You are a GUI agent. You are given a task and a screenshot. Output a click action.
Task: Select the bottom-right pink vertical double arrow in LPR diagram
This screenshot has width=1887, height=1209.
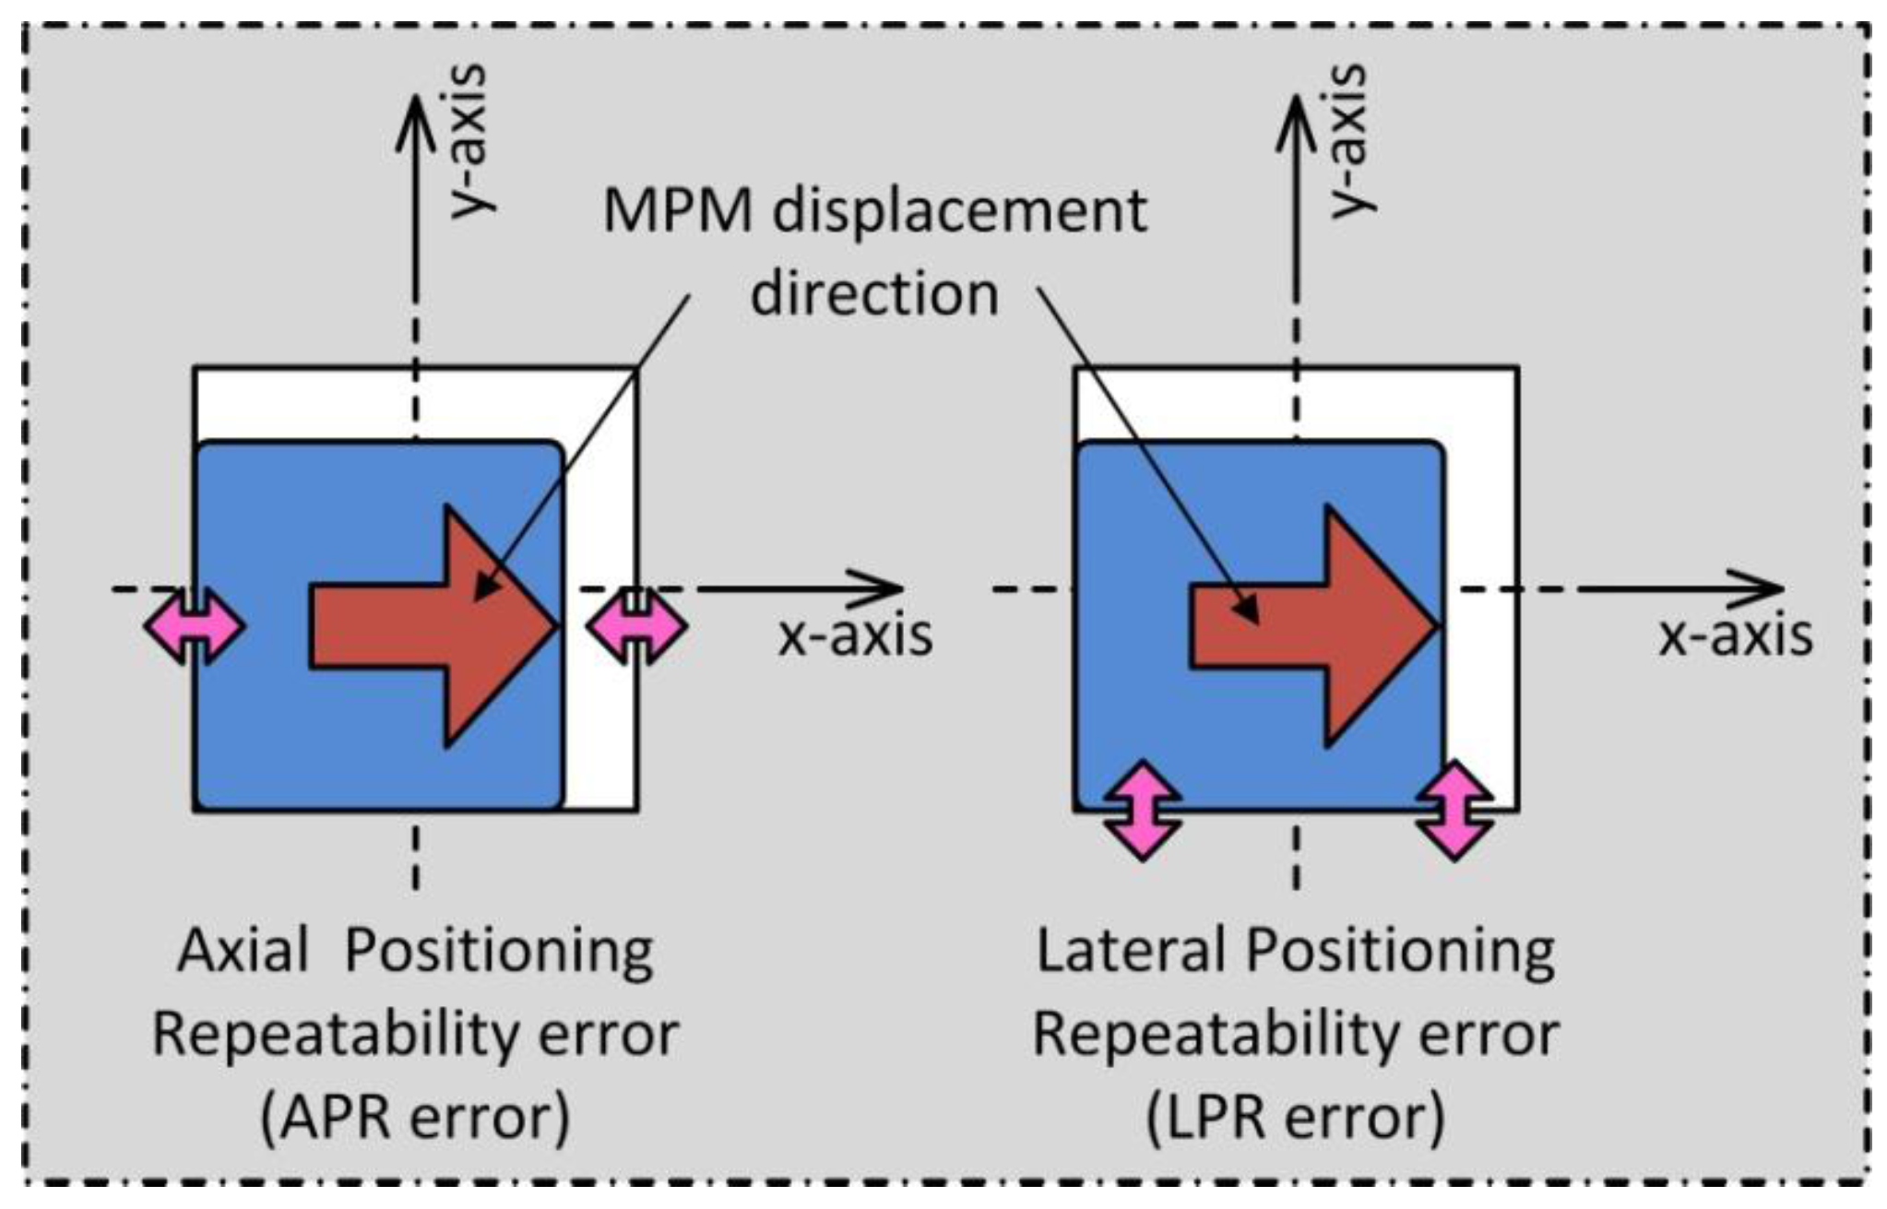pos(1455,810)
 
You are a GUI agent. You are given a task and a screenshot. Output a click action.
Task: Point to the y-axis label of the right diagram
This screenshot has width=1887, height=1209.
pos(1350,140)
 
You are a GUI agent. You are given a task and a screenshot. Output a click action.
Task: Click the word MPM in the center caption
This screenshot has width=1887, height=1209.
pos(677,211)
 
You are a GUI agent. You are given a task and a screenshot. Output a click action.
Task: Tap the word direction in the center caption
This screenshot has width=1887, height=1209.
pos(873,295)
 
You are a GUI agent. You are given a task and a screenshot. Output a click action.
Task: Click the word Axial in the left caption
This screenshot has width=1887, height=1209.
pos(243,951)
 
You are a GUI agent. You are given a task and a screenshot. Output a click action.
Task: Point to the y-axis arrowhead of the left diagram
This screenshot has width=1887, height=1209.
pos(416,115)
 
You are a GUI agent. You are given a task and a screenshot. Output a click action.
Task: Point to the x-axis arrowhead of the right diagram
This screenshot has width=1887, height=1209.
pos(1762,588)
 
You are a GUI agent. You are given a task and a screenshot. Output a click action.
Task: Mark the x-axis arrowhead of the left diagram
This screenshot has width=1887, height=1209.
pos(881,588)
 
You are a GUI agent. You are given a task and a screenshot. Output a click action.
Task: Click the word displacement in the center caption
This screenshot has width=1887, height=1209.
pos(959,211)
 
